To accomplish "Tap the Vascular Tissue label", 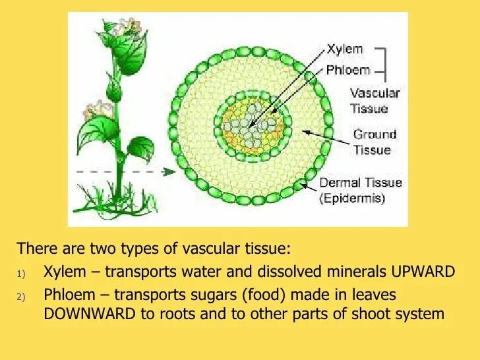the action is tap(375, 101).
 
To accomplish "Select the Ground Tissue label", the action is tap(375, 142).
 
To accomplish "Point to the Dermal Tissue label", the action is tap(361, 183).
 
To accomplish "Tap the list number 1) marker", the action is tap(21, 273).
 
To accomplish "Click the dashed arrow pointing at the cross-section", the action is tap(125, 172).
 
